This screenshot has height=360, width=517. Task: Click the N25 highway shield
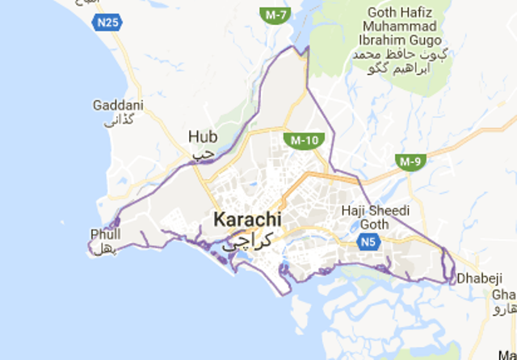(112, 23)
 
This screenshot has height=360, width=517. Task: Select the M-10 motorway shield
(303, 140)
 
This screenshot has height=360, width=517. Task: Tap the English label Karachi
(247, 220)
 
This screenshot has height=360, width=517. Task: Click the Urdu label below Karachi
(249, 239)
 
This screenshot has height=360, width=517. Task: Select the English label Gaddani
(117, 106)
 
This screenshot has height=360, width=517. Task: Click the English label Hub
(203, 136)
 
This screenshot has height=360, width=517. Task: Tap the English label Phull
(106, 234)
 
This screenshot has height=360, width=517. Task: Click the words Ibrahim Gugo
(400, 40)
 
